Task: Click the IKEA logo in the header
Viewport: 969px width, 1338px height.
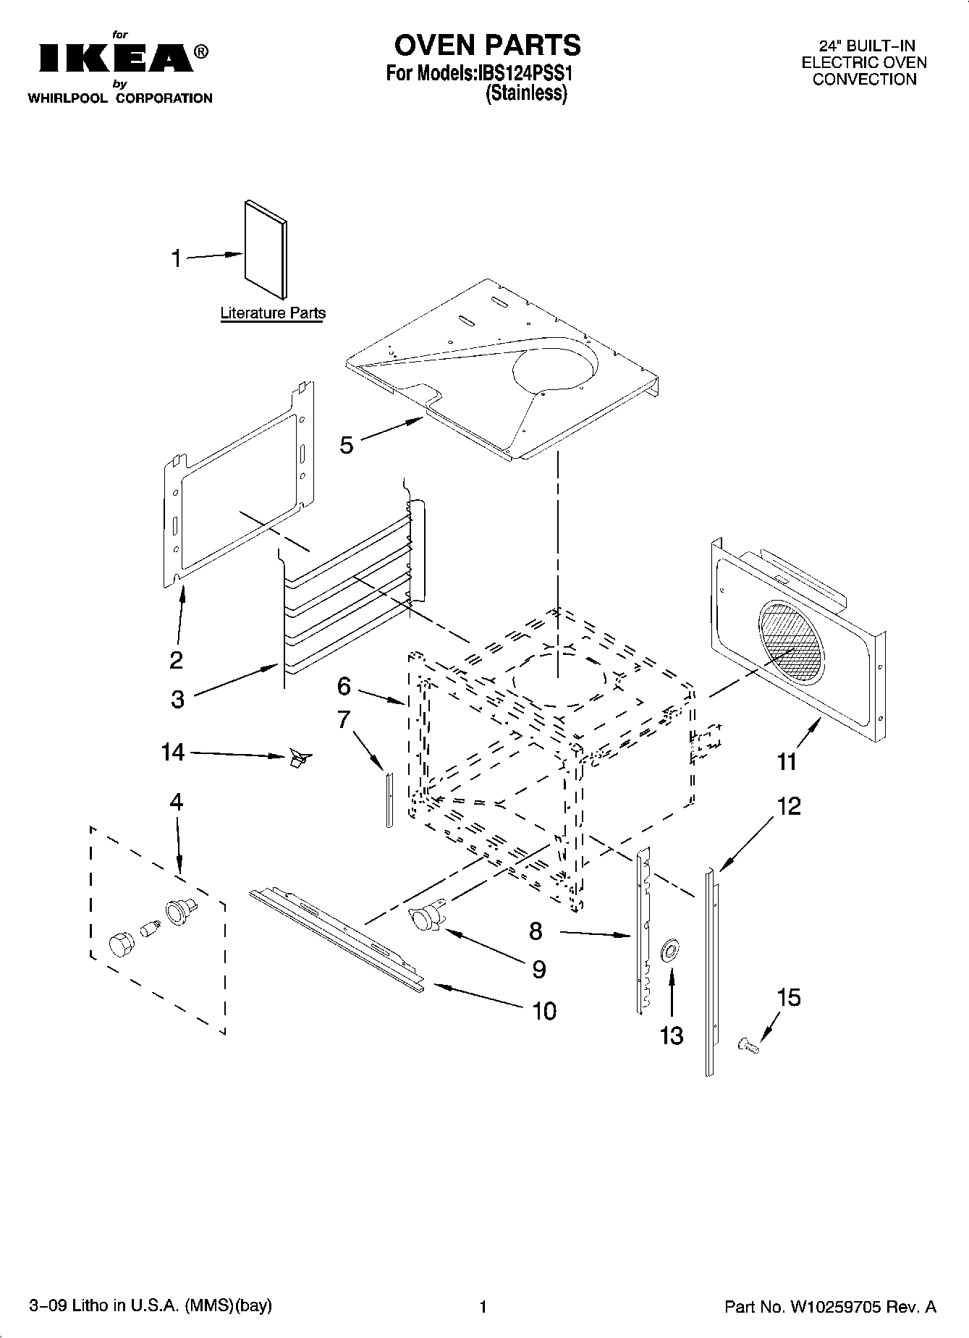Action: [116, 59]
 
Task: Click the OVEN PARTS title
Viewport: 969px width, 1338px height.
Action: [487, 45]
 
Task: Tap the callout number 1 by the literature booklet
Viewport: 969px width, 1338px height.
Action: [176, 258]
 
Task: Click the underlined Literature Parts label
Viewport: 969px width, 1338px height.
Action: [273, 313]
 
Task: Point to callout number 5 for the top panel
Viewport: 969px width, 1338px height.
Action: [347, 445]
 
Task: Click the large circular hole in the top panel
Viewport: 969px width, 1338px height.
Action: [556, 365]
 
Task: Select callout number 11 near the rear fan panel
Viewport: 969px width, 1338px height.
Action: [787, 761]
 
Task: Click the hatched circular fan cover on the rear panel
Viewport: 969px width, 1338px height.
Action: [791, 642]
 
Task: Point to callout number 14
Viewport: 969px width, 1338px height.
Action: [173, 753]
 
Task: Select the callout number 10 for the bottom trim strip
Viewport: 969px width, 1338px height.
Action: [544, 1011]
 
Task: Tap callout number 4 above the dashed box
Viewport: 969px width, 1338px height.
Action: [177, 802]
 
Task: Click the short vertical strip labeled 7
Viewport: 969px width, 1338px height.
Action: [389, 799]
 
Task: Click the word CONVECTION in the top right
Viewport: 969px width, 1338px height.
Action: [864, 80]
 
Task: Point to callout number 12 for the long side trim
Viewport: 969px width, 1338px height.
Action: [790, 806]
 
